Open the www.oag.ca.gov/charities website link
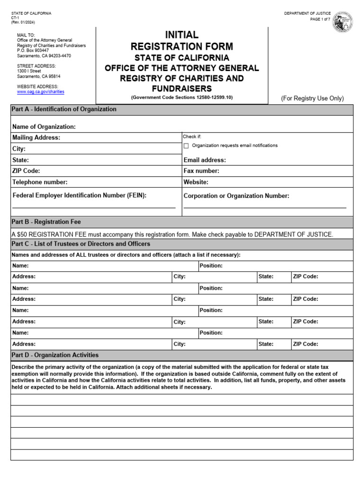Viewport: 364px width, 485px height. click(41, 92)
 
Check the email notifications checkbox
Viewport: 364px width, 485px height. click(186, 146)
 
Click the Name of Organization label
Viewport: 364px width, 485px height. click(44, 126)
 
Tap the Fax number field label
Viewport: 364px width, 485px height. click(201, 171)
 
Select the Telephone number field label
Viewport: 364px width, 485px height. click(40, 182)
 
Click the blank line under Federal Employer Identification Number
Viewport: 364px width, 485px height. click(94, 207)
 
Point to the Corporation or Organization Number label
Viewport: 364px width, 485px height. click(236, 196)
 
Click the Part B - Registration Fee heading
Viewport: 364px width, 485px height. click(46, 222)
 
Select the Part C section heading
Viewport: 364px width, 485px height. click(81, 244)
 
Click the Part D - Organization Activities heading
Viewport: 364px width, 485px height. click(55, 355)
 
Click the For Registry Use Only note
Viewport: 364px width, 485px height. click(312, 99)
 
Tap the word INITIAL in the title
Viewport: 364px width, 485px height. click(182, 35)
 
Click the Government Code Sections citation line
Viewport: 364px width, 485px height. click(182, 97)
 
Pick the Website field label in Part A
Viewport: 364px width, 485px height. click(196, 182)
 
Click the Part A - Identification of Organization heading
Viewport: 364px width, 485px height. click(64, 109)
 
